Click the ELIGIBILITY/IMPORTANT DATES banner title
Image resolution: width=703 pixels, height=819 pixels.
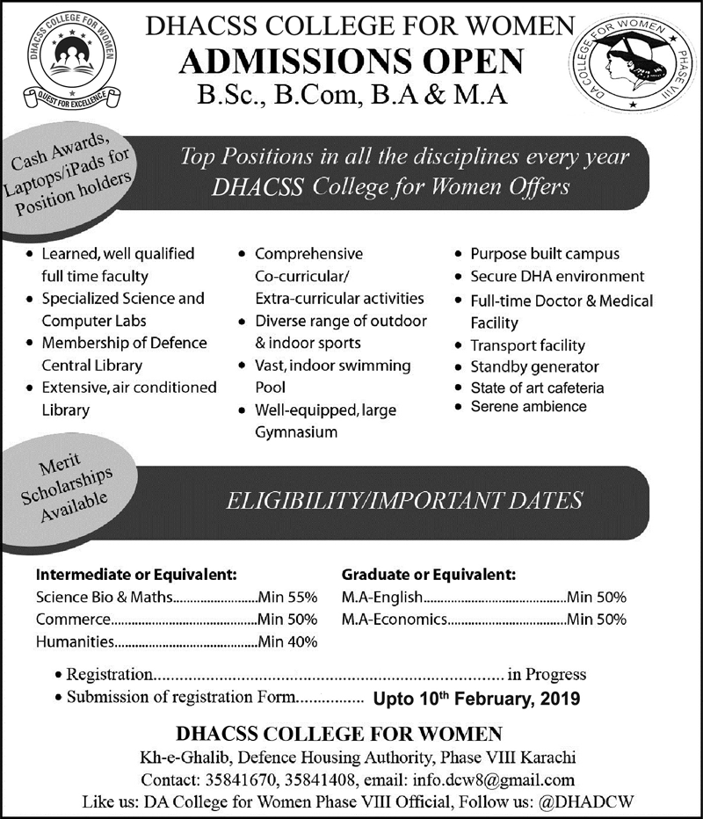pyautogui.click(x=405, y=500)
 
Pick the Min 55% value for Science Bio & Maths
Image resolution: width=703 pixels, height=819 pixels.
pyautogui.click(x=287, y=597)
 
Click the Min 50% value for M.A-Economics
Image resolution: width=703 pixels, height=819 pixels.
pyautogui.click(x=597, y=620)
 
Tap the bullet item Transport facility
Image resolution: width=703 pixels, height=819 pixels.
pyautogui.click(x=527, y=345)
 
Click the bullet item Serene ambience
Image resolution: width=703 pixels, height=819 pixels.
pyautogui.click(x=528, y=406)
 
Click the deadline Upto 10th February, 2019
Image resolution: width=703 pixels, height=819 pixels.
pyautogui.click(x=476, y=700)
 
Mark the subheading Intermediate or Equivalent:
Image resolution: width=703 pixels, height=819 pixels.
pyautogui.click(x=136, y=575)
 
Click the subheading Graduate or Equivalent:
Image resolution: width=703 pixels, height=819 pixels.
pyautogui.click(x=428, y=575)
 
